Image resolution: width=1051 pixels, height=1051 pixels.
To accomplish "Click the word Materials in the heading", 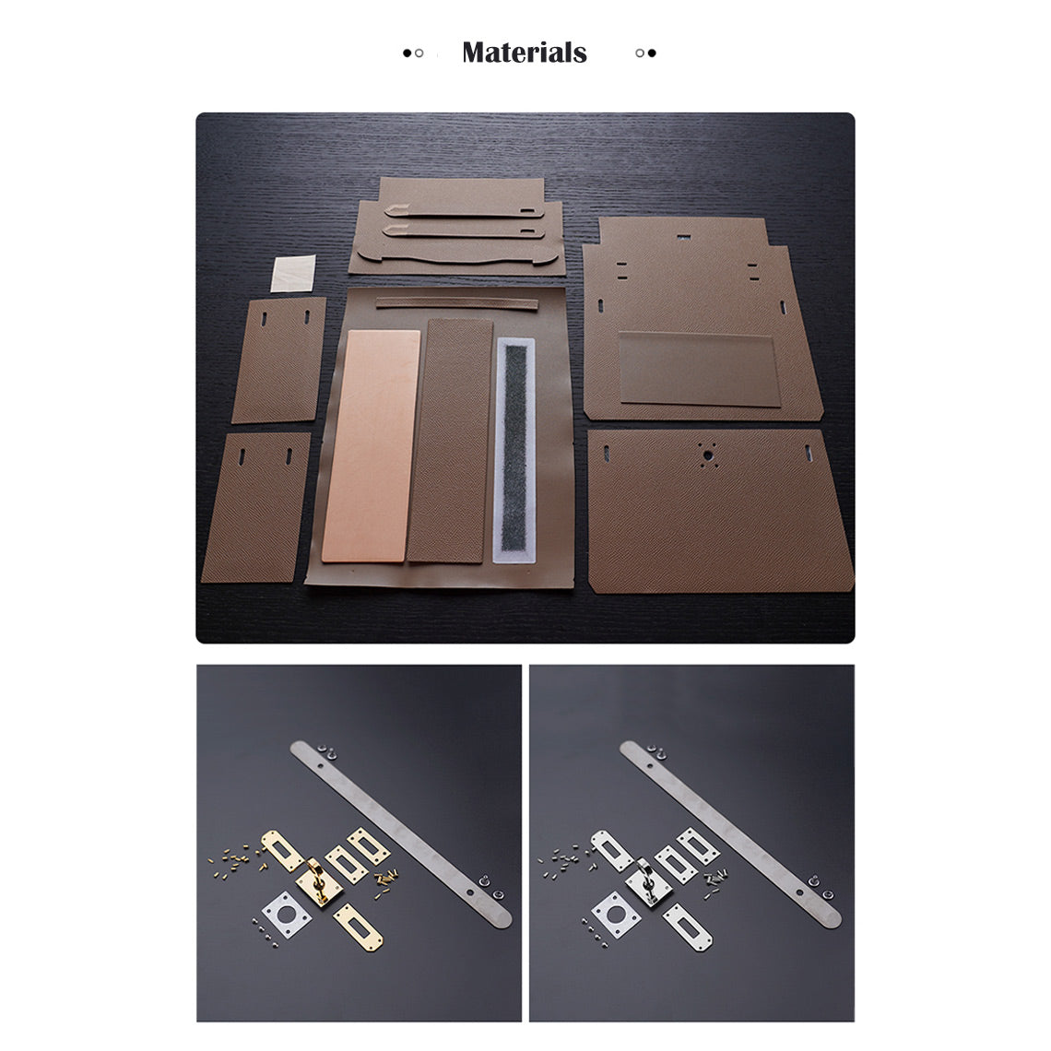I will click(524, 53).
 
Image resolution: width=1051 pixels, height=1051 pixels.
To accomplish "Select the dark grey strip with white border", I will click(514, 450).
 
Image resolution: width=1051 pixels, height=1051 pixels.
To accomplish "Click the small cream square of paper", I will click(294, 275).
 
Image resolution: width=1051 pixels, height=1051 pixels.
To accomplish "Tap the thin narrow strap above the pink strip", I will click(458, 302).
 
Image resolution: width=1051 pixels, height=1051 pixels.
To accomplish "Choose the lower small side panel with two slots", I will click(255, 507).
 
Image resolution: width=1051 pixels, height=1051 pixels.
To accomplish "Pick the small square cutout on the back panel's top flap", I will click(682, 236).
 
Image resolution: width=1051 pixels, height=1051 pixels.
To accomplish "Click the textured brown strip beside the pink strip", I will click(449, 440).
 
